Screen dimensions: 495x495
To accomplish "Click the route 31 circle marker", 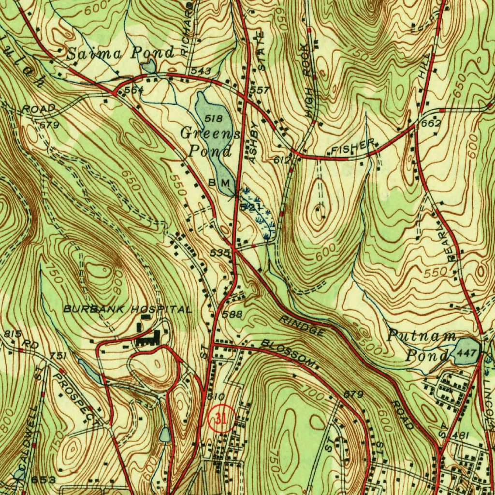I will coord(221,418).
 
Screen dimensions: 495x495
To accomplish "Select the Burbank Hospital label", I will coord(128,309).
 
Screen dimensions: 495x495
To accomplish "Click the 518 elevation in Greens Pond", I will coord(213,118).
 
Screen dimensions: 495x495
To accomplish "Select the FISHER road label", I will coord(353,147).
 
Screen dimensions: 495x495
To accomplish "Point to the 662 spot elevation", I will coord(431,123).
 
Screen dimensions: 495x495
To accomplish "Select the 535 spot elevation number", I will coord(219,253).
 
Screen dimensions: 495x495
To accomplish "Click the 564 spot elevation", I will coord(134,90).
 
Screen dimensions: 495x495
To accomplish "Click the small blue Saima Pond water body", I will coord(149,66).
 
